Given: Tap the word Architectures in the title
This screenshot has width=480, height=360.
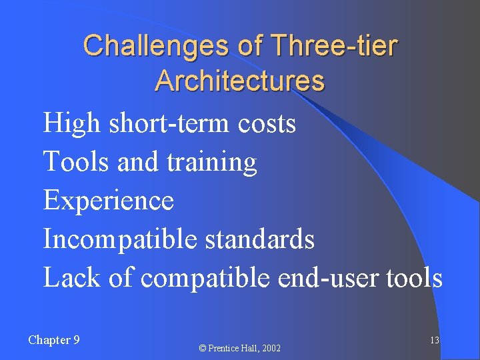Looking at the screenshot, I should (x=240, y=81).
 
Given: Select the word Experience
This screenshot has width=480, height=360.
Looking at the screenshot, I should (x=108, y=201).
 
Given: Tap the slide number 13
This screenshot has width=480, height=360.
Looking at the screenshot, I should (x=434, y=341).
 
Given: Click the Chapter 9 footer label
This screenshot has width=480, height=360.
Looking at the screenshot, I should (x=54, y=340).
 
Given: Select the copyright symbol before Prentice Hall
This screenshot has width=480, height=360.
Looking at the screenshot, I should (x=204, y=349).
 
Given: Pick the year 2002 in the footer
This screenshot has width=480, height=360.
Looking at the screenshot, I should (x=271, y=349).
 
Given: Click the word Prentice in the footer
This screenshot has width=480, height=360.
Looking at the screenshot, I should (x=225, y=349).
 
